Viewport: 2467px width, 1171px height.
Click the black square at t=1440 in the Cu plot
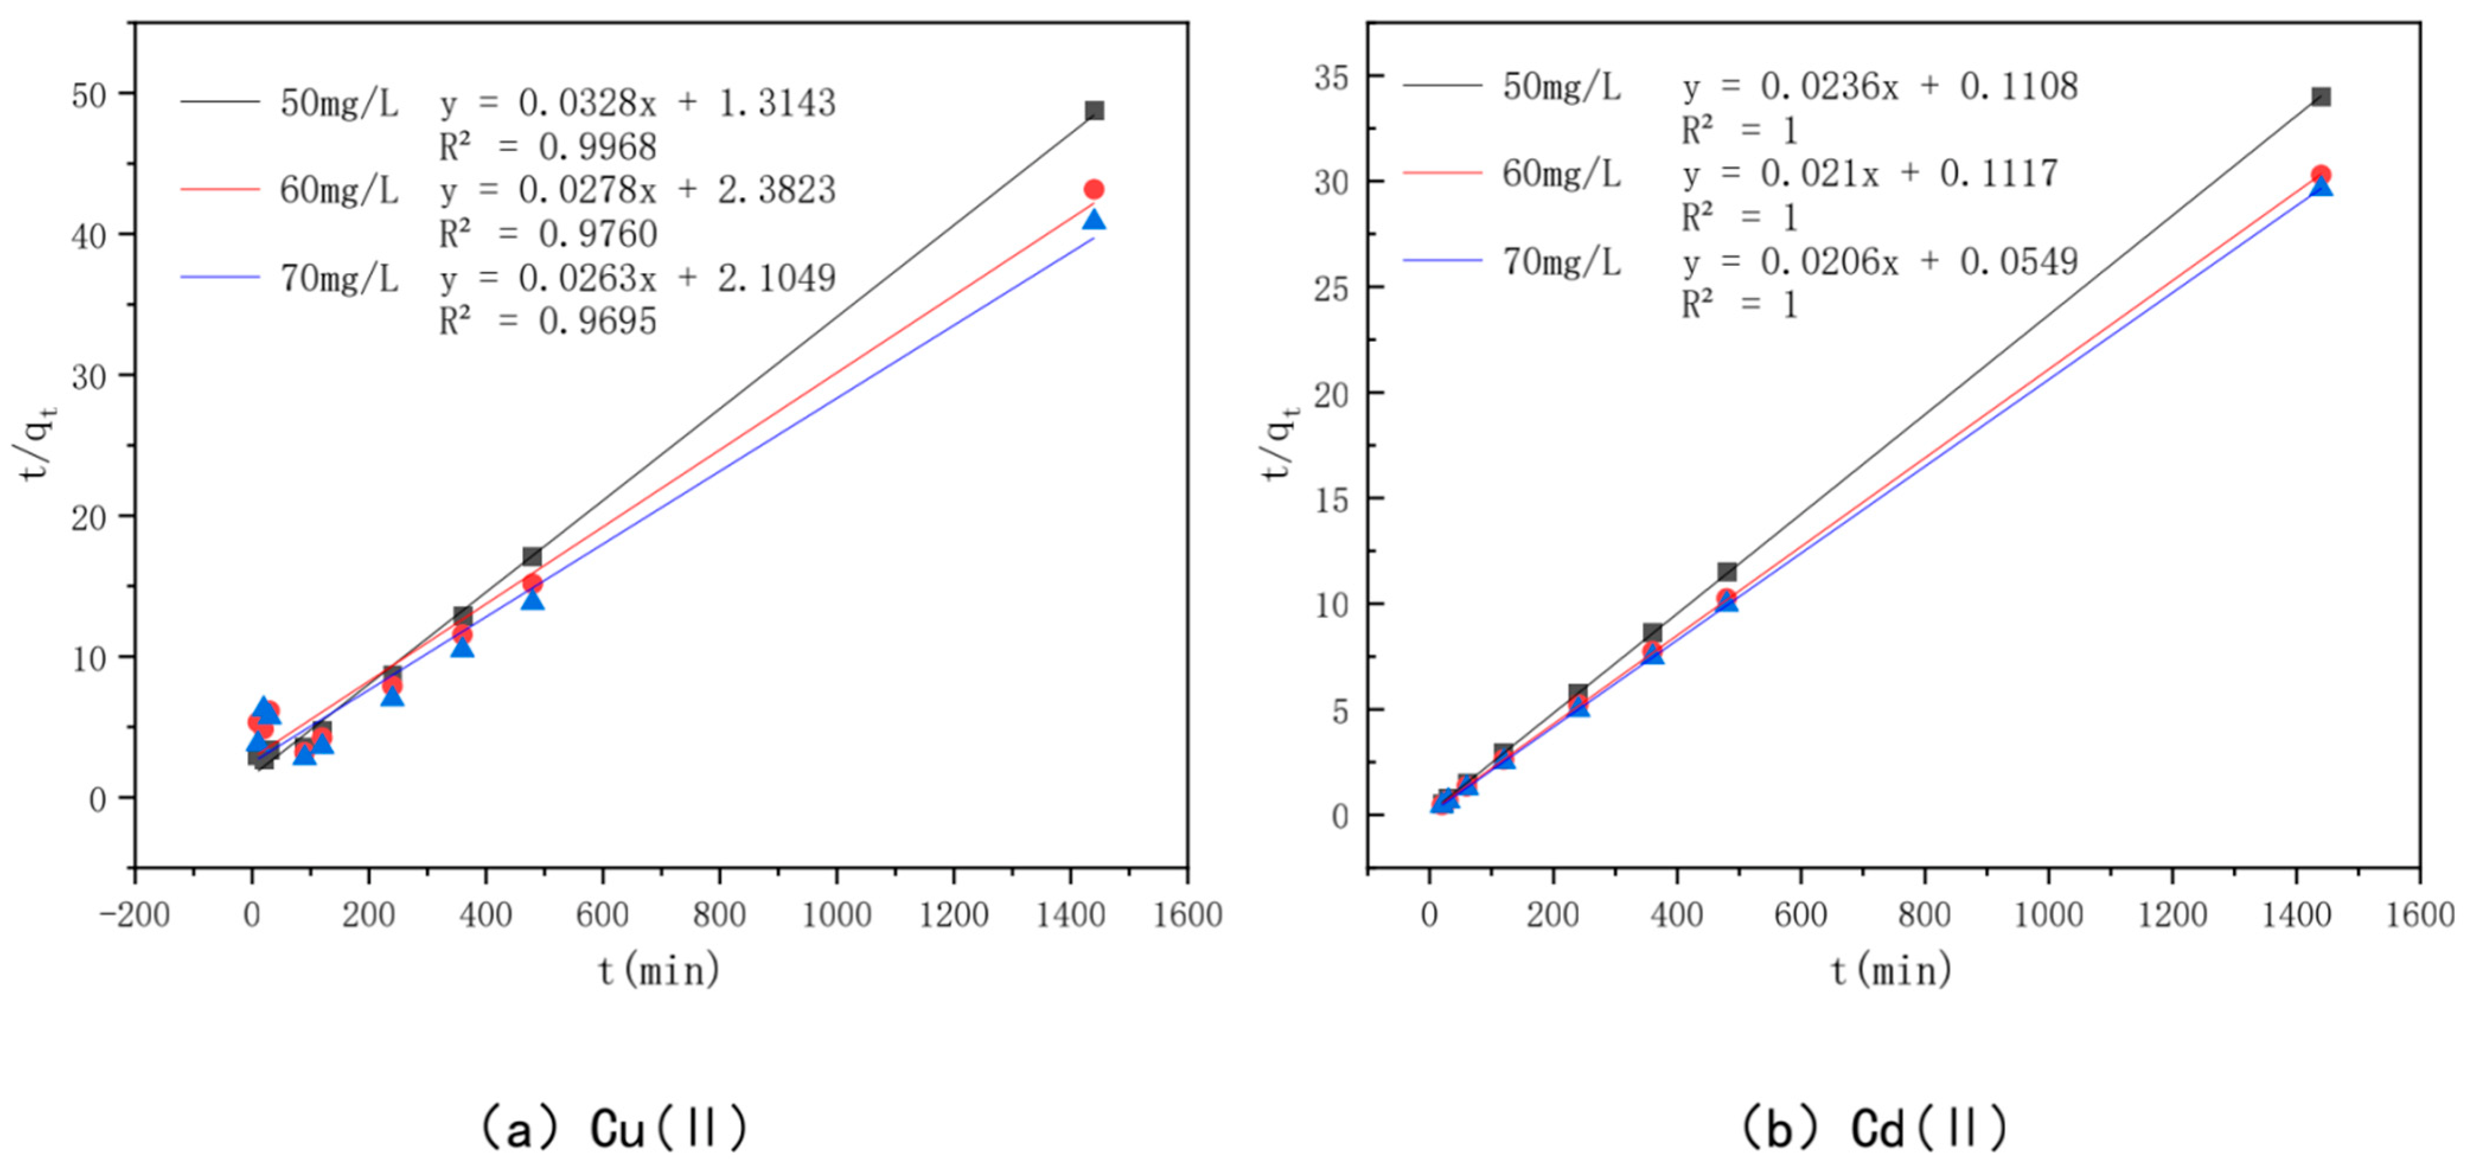point(1094,111)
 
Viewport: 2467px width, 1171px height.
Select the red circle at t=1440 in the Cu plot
point(1094,190)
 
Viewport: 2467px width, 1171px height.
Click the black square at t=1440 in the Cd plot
point(2321,97)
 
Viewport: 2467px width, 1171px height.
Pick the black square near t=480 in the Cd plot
point(1727,573)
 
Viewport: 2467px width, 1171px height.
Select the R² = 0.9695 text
point(548,322)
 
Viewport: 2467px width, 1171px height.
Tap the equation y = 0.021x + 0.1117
point(1870,174)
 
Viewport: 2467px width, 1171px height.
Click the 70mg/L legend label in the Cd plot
point(1562,261)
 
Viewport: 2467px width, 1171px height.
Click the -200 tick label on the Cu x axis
point(134,915)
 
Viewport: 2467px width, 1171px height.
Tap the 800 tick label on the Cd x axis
point(1924,915)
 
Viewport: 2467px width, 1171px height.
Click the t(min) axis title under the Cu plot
point(660,972)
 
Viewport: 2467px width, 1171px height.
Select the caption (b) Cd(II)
point(1874,1128)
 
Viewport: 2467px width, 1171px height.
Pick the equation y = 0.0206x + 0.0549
point(1880,261)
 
